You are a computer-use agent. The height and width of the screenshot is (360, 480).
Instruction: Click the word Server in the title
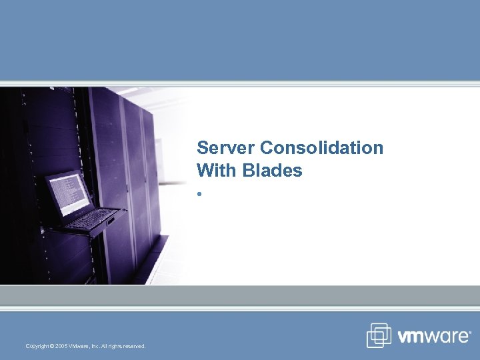(x=226, y=147)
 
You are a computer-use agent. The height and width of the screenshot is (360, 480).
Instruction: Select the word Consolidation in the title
(x=322, y=147)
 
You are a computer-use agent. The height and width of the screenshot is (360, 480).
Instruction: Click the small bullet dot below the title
(x=199, y=194)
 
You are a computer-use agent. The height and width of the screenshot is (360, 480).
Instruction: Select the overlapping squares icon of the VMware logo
(x=379, y=335)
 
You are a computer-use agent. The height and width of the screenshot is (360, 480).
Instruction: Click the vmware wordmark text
(x=433, y=337)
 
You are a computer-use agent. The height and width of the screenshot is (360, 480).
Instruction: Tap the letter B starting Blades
(x=249, y=171)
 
